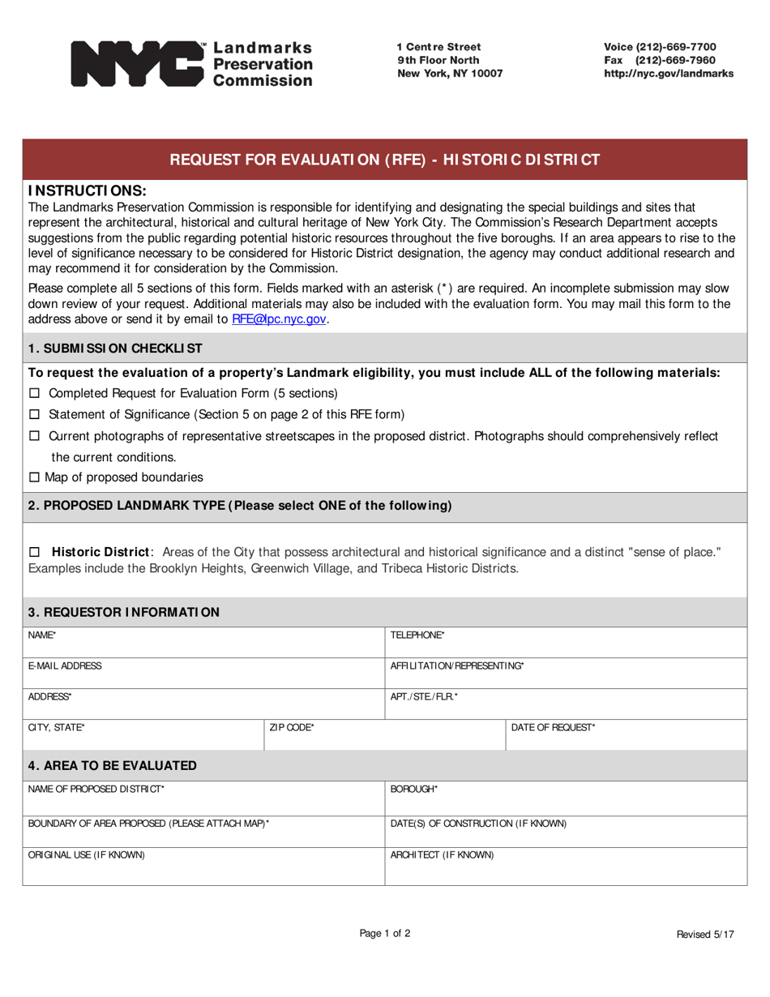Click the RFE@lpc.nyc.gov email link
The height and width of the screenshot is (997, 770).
pos(279,319)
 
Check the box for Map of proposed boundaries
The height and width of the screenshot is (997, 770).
pos(34,477)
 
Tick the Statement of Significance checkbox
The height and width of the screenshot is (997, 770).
pos(34,415)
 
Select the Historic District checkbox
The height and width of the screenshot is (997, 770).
pos(34,552)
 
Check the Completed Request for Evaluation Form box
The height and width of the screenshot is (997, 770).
pos(34,394)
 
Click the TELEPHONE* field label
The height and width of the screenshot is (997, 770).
pos(417,635)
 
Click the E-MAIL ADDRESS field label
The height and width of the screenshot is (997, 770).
pos(65,666)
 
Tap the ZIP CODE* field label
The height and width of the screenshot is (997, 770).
pos(292,728)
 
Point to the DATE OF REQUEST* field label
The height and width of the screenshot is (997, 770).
pos(553,728)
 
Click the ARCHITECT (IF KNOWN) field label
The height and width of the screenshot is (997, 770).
pos(442,855)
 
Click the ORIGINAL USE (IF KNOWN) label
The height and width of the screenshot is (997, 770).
pos(87,855)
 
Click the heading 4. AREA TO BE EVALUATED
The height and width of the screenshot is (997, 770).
pos(112,766)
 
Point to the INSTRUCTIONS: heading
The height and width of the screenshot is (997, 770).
pos(88,191)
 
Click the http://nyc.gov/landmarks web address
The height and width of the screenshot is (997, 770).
pos(669,73)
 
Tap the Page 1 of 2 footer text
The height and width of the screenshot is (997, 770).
pos(385,933)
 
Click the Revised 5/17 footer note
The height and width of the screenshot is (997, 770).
pos(705,935)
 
